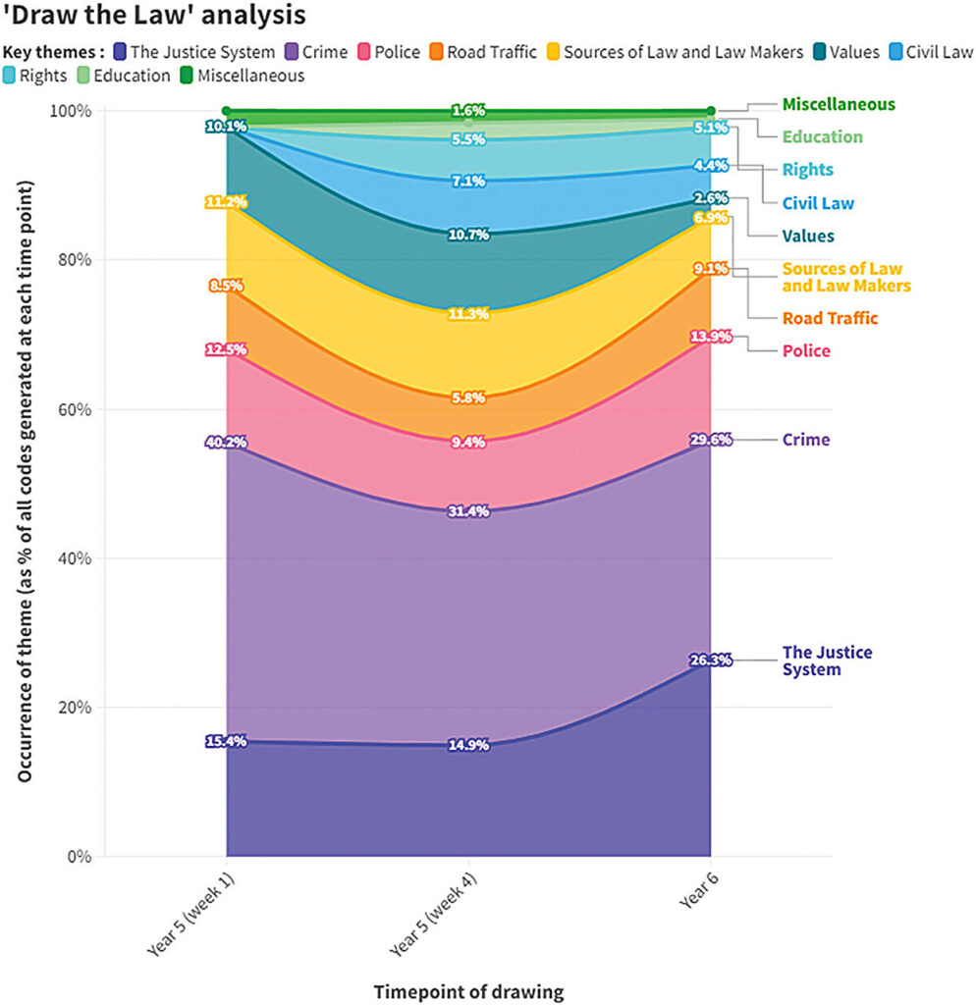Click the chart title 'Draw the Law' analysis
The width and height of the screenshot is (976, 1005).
click(153, 17)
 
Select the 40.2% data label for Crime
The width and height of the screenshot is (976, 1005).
click(226, 443)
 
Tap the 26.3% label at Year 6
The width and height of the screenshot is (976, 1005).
click(711, 661)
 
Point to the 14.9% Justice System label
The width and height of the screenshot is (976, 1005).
click(468, 745)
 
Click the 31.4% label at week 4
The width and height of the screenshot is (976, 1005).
click(468, 509)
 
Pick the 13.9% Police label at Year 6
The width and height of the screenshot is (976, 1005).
click(711, 337)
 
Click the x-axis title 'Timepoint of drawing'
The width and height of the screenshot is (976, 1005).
click(468, 991)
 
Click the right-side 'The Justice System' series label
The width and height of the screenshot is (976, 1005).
click(827, 661)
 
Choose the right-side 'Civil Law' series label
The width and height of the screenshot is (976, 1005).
click(817, 203)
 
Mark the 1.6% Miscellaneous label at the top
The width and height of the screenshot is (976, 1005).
click(468, 111)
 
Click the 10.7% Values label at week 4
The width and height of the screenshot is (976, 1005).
click(468, 235)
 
